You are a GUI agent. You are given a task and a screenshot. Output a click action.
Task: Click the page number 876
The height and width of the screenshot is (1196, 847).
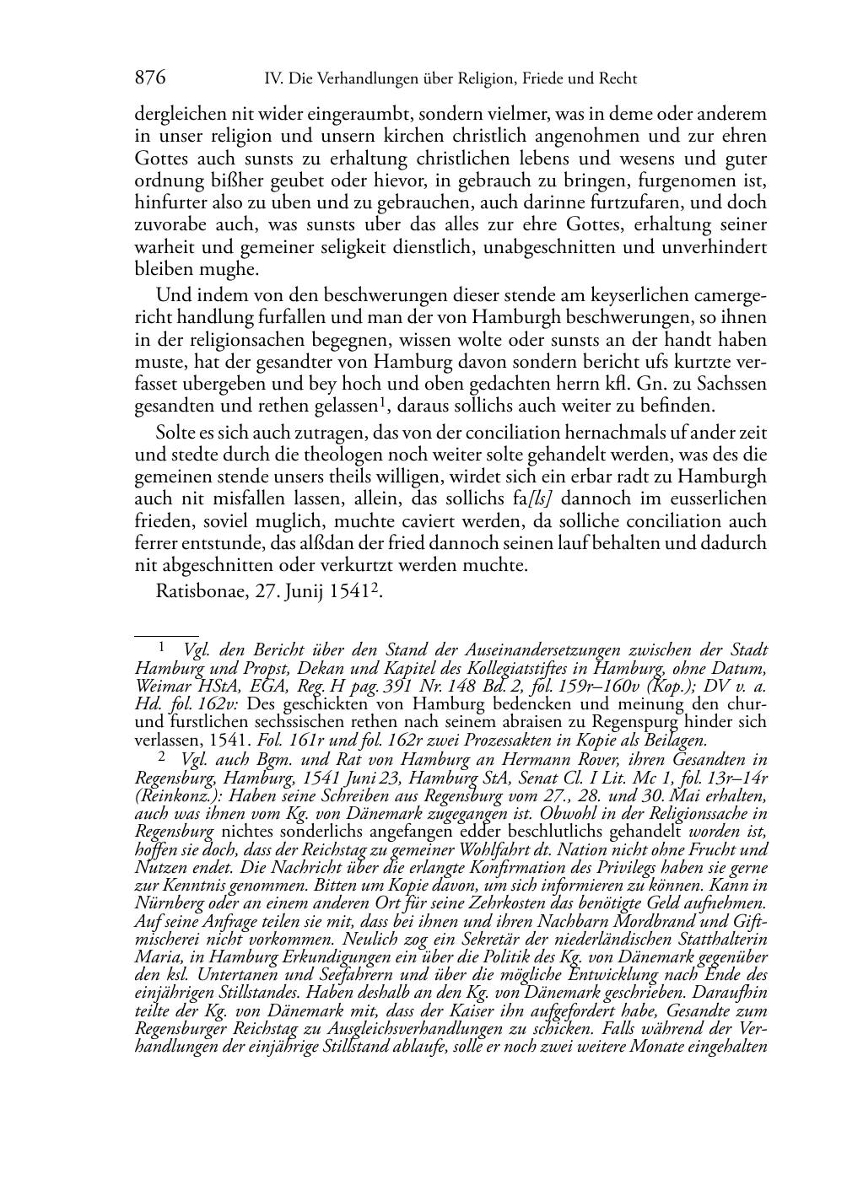coord(149,78)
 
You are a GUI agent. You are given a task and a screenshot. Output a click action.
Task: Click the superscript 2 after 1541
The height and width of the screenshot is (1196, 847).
coord(372,585)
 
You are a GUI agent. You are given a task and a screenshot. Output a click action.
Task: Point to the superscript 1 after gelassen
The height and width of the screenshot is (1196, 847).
coord(382,401)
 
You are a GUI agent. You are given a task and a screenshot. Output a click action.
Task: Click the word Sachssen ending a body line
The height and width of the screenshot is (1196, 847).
coord(734,384)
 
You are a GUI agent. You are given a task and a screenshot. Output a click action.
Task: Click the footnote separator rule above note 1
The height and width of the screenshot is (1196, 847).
coord(166,637)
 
